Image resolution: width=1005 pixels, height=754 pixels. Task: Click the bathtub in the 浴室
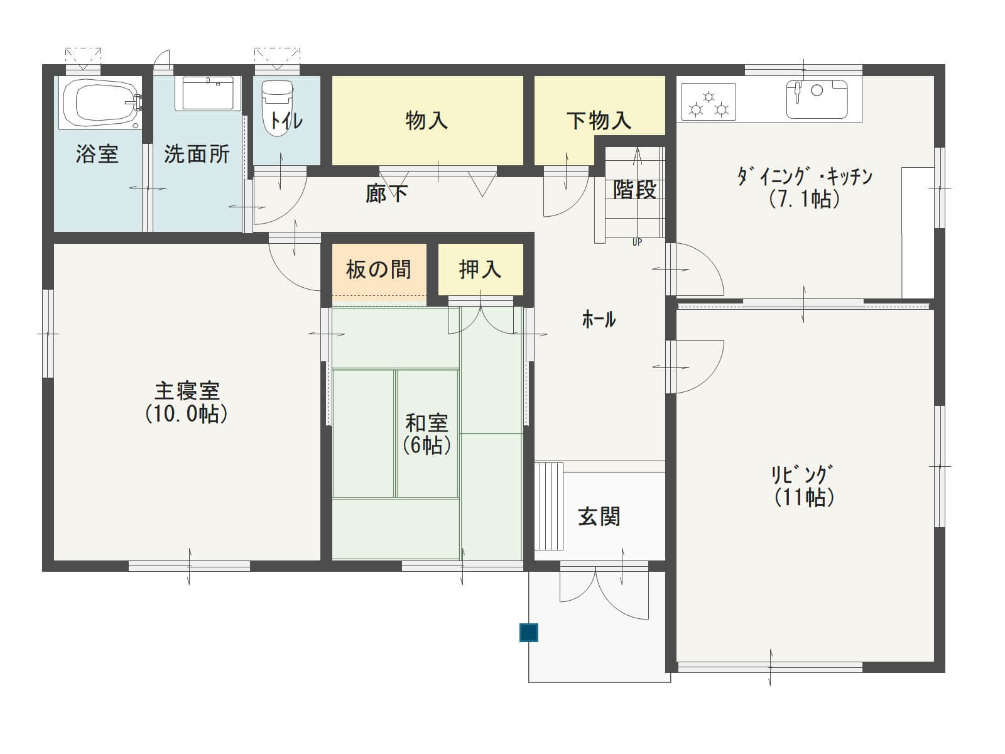click(x=100, y=102)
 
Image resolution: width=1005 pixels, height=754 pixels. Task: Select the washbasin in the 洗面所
click(x=209, y=94)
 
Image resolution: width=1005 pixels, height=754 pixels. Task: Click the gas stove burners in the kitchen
click(x=709, y=102)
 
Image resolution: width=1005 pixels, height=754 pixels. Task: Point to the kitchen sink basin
click(x=817, y=99)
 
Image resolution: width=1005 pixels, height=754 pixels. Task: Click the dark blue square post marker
click(x=528, y=633)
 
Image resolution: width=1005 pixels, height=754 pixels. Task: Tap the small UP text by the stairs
click(x=637, y=242)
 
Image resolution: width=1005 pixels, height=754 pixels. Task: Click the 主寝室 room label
click(x=188, y=391)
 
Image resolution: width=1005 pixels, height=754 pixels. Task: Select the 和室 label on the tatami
click(x=426, y=423)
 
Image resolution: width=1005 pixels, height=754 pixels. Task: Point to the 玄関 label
click(x=599, y=516)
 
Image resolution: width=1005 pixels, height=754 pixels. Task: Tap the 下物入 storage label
click(x=599, y=121)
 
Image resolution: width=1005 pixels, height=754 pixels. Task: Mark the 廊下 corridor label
click(x=386, y=194)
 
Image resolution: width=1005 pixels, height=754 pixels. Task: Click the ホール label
click(x=599, y=320)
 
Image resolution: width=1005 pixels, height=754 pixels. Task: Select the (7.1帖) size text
click(x=804, y=199)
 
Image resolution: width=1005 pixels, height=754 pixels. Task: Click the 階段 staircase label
click(x=635, y=189)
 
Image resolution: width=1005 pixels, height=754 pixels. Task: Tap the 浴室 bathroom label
click(x=97, y=154)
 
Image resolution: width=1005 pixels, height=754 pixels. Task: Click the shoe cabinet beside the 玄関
click(x=549, y=506)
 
